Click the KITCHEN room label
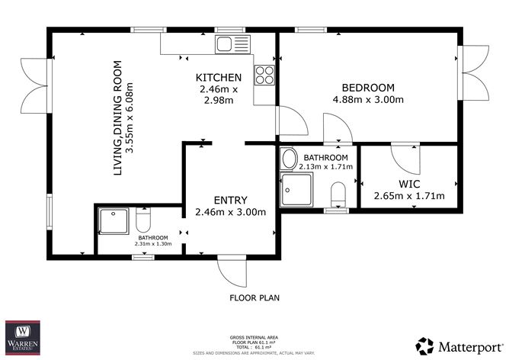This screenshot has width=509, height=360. click(219, 78)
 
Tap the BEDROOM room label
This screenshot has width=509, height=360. click(367, 87)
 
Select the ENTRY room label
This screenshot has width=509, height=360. click(230, 200)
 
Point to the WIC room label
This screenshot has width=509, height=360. click(408, 183)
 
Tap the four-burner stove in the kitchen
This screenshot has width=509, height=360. click(264, 75)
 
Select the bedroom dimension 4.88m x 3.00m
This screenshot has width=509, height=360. click(367, 99)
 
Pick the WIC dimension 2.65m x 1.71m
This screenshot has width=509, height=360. click(408, 196)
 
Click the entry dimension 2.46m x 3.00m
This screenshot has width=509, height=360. click(230, 212)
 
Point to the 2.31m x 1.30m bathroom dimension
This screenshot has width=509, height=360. click(153, 244)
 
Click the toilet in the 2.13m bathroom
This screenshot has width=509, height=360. click(340, 194)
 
